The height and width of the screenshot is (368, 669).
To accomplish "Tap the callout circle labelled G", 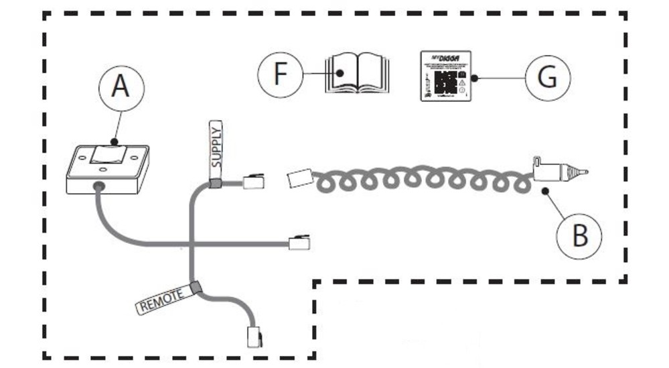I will [x=547, y=78].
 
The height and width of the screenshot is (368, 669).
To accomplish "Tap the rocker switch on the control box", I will [x=108, y=155].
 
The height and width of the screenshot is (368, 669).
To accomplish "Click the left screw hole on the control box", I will [x=82, y=158].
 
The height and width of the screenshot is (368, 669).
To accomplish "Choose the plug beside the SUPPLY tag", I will [x=253, y=181].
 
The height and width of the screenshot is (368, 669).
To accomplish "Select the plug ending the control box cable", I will [x=298, y=243].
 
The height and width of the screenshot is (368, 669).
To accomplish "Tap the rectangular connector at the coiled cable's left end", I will [x=299, y=179].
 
